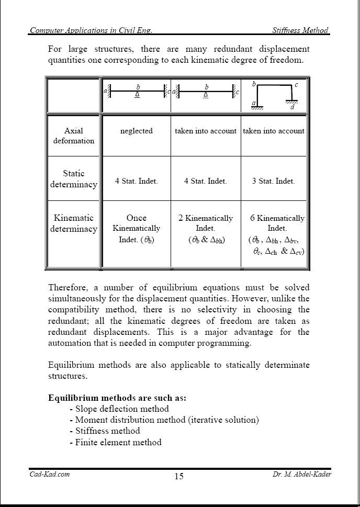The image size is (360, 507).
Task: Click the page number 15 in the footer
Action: click(179, 476)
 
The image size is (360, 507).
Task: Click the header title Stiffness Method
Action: click(300, 30)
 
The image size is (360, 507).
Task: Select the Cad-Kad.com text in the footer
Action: click(49, 474)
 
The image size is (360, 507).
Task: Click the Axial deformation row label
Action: click(74, 136)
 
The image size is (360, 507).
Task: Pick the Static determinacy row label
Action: click(74, 178)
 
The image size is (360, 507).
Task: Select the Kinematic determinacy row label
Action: click(74, 223)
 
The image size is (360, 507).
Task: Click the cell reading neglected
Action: click(137, 131)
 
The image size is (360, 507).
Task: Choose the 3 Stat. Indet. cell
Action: click(273, 181)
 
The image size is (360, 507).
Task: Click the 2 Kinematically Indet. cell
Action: click(206, 229)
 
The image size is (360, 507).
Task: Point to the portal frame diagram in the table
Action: click(274, 95)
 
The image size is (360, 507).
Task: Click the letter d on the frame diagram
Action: click(292, 108)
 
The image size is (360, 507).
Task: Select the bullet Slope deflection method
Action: click(122, 409)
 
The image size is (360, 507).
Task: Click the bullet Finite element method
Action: click(118, 442)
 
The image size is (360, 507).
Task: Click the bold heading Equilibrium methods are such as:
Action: click(117, 398)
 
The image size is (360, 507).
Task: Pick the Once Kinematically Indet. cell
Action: click(137, 229)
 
